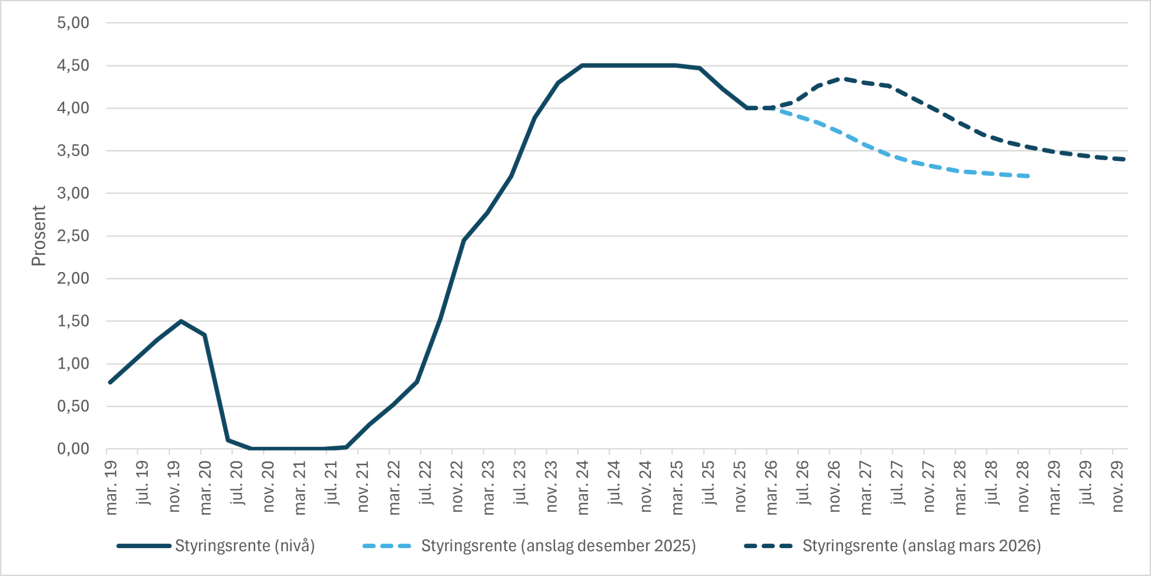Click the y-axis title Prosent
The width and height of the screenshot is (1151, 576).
(39, 236)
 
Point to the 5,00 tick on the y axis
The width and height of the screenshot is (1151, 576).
(73, 22)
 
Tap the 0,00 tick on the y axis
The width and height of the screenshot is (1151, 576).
(73, 449)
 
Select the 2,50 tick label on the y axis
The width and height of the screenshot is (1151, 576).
(73, 236)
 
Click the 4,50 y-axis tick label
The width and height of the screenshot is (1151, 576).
(73, 66)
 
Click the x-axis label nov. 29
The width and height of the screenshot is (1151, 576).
(1117, 486)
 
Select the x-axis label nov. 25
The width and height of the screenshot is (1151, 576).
(740, 486)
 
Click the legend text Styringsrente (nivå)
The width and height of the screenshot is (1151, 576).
(245, 546)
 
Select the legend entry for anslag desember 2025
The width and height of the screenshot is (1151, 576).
(558, 546)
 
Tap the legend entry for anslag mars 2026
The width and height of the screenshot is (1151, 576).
(922, 546)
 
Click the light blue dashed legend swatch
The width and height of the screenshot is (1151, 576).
(387, 546)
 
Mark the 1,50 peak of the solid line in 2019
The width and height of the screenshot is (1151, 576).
(181, 321)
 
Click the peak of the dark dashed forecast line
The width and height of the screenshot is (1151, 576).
(842, 79)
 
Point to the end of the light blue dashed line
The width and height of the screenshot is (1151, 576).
(1029, 176)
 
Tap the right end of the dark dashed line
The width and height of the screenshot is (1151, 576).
(1124, 159)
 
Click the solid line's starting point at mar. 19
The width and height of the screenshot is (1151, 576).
(110, 382)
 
